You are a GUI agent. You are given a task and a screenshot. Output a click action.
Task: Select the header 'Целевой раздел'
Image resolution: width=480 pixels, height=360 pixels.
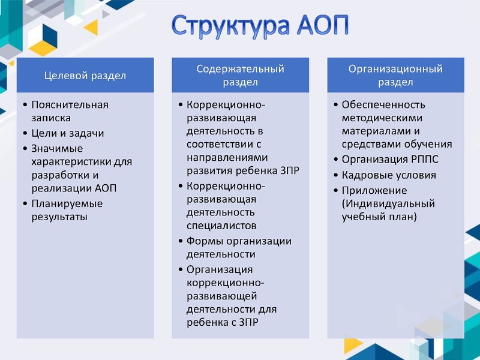tap(85, 76)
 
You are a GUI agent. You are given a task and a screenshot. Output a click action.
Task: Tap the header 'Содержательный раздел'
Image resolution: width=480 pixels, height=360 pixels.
tap(240, 76)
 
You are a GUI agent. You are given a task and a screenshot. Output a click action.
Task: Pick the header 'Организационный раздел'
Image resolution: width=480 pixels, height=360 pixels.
tap(395, 76)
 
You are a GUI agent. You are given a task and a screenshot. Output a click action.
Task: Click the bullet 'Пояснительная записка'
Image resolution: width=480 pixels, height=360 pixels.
tap(70, 111)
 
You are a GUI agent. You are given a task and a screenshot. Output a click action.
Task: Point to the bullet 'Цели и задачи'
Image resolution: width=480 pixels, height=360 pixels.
tap(67, 133)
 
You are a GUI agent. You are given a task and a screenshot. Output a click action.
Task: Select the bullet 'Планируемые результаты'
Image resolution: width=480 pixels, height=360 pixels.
tap(67, 209)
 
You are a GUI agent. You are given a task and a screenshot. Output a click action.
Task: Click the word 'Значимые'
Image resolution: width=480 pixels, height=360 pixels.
tap(57, 148)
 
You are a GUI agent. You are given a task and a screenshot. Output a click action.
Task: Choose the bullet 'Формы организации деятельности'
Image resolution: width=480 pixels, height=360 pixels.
tap(239, 248)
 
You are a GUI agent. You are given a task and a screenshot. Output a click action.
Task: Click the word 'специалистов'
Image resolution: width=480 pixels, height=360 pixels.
tap(221, 226)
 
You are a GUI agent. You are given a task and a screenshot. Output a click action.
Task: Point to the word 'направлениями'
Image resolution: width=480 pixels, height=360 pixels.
tap(226, 158)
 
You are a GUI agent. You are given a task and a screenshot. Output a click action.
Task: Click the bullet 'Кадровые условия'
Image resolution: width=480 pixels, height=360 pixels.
tap(389, 175)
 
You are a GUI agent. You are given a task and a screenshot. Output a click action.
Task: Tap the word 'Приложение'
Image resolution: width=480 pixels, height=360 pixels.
tap(374, 191)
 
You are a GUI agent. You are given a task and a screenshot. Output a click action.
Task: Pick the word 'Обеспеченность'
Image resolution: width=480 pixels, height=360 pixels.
tap(383, 104)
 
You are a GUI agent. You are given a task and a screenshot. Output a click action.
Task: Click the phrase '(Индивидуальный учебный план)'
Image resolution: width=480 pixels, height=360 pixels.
tap(388, 211)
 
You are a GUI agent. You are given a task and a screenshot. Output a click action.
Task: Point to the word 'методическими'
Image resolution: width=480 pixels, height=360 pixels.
tap(382, 118)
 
